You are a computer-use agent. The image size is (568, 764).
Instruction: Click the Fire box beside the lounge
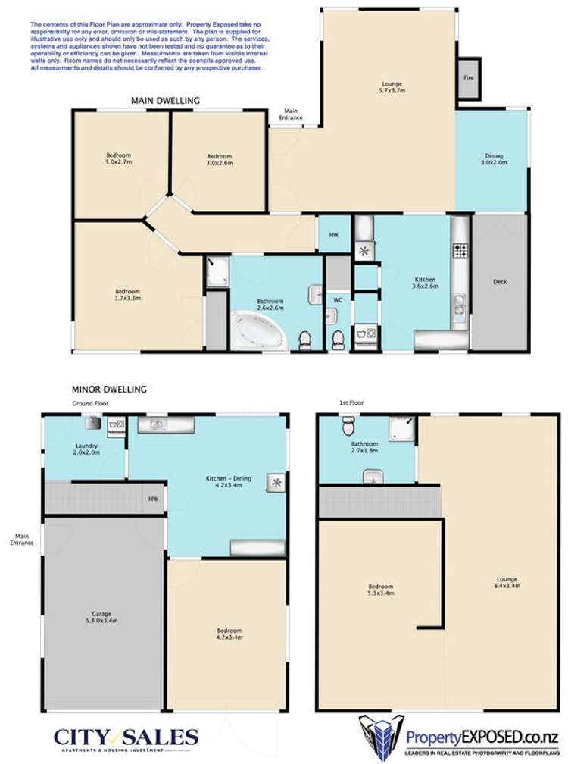pyautogui.click(x=468, y=78)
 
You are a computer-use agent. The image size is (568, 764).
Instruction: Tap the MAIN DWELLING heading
pyautogui.click(x=165, y=100)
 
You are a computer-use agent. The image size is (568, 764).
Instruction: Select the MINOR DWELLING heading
pyautogui.click(x=108, y=389)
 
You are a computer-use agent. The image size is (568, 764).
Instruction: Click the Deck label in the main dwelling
pyautogui.click(x=499, y=282)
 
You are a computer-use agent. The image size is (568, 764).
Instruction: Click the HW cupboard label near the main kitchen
pyautogui.click(x=333, y=235)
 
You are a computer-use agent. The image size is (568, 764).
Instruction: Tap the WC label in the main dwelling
pyautogui.click(x=338, y=299)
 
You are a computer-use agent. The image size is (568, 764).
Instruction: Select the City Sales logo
pyautogui.click(x=126, y=738)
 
